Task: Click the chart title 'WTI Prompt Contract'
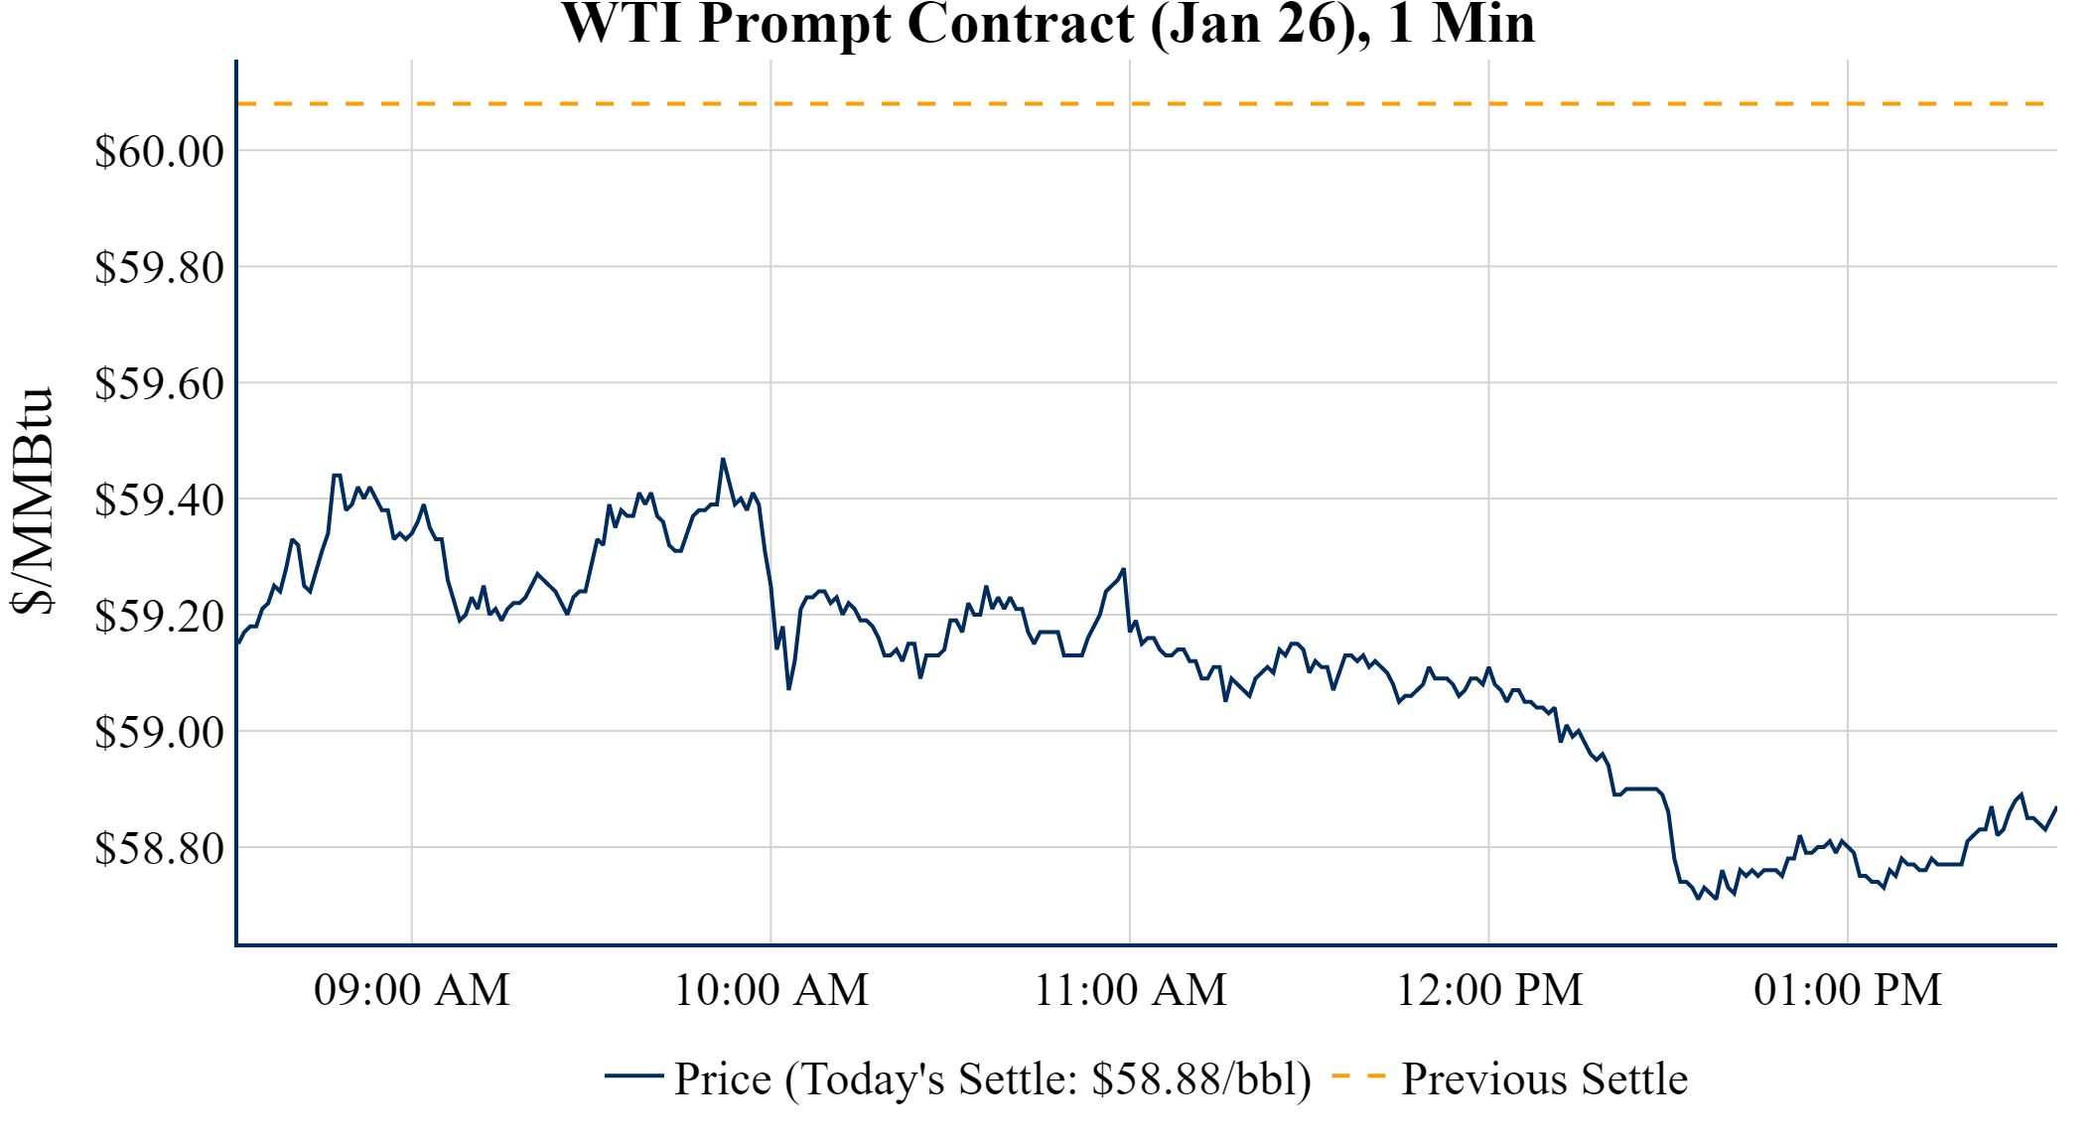pos(1048,24)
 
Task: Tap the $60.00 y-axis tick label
pos(159,152)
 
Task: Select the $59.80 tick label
pos(159,268)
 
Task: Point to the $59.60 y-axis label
pos(159,384)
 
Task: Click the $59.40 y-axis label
pos(159,500)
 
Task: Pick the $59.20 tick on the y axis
pos(159,617)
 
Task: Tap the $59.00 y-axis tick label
pos(159,733)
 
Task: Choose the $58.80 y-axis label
pos(159,849)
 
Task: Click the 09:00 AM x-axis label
pos(412,990)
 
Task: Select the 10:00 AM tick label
pos(771,990)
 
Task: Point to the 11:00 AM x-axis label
pos(1130,990)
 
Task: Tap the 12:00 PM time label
pos(1489,990)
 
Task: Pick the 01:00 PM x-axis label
pos(1848,990)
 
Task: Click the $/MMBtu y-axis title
pos(33,501)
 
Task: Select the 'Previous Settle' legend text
pos(1544,1079)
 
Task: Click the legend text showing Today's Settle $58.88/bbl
pos(993,1079)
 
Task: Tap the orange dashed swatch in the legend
pos(1358,1075)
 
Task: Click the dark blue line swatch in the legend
pos(633,1075)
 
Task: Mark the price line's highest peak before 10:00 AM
pos(723,459)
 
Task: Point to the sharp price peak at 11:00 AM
pos(1123,570)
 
